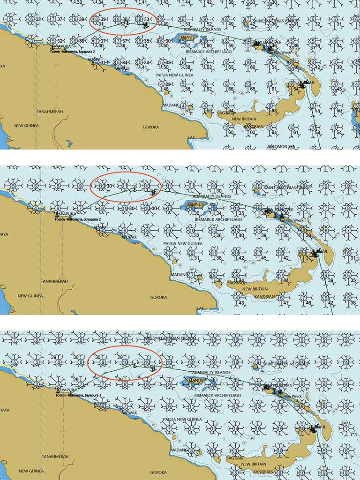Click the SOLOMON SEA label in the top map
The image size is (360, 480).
tap(280, 146)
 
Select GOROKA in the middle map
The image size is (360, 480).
tap(158, 297)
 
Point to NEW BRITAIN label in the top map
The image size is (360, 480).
tap(243, 119)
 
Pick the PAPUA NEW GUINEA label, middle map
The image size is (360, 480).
tap(182, 244)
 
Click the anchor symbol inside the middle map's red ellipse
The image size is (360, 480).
tap(135, 190)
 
